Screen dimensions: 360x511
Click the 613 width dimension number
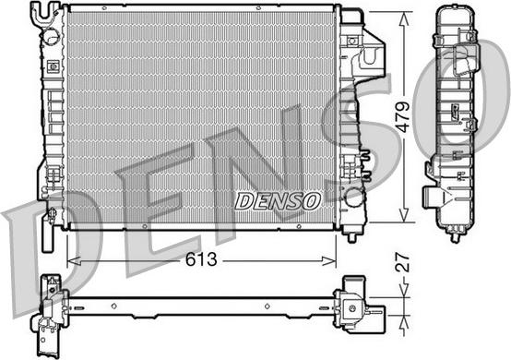pyautogui.click(x=200, y=259)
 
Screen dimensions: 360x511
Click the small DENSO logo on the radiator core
pyautogui.click(x=277, y=199)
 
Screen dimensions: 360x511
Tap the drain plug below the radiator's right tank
pyautogui.click(x=351, y=234)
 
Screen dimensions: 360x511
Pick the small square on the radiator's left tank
pyautogui.click(x=53, y=66)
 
